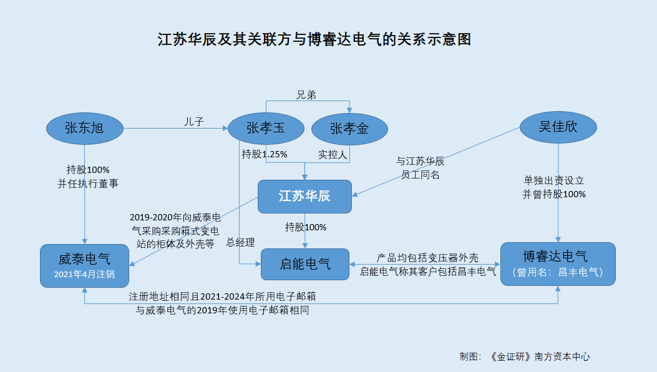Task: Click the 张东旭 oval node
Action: (x=85, y=129)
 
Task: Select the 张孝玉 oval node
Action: (x=266, y=129)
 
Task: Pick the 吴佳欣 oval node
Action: (x=558, y=127)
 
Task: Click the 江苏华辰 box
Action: (x=305, y=196)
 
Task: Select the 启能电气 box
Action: (x=305, y=264)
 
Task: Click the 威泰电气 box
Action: (x=85, y=265)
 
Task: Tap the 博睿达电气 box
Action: (x=558, y=264)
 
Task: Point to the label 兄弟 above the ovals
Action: (x=306, y=95)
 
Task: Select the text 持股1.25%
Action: (x=265, y=154)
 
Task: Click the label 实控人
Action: (x=333, y=154)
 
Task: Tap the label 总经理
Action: (x=240, y=242)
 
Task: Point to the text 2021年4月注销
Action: (x=85, y=274)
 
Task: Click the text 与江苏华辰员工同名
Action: (x=421, y=168)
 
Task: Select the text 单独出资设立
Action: (x=554, y=180)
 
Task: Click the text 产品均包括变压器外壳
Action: (x=427, y=258)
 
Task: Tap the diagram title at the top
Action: (x=314, y=40)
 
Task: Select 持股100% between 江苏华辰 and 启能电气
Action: (x=306, y=227)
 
